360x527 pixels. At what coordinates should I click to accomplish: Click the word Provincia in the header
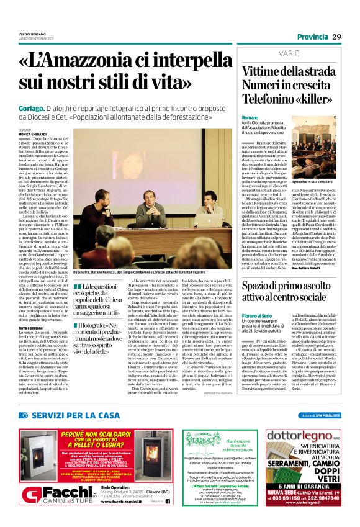point(312,37)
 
